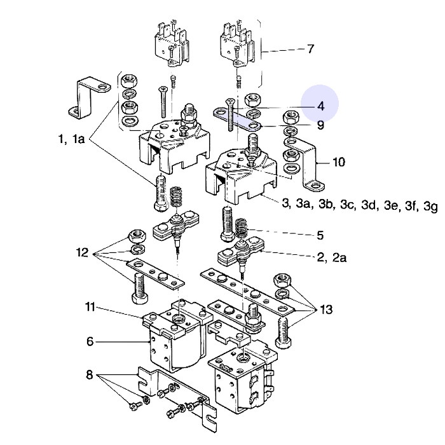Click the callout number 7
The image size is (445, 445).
(310, 49)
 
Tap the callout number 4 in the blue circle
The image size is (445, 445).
(320, 106)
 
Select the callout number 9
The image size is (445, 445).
(320, 125)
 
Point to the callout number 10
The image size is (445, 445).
(339, 162)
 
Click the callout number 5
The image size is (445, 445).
(320, 235)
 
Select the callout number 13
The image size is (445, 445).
(326, 310)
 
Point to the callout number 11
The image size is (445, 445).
(90, 308)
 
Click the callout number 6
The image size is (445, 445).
(90, 341)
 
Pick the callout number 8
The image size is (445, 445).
(89, 375)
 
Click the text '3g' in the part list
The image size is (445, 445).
(430, 207)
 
